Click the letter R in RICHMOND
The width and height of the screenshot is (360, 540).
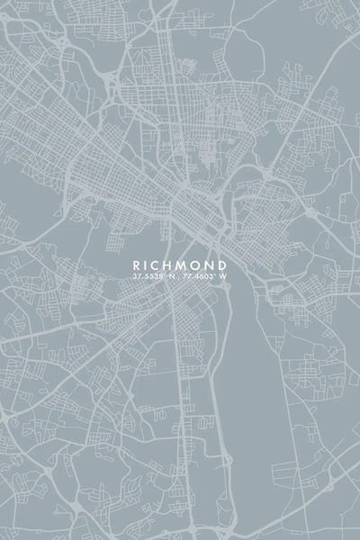pos(137,265)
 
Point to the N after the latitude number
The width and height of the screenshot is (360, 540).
pos(171,276)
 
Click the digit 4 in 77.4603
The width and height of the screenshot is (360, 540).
pos(194,276)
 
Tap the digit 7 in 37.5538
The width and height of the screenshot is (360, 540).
pos(139,276)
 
